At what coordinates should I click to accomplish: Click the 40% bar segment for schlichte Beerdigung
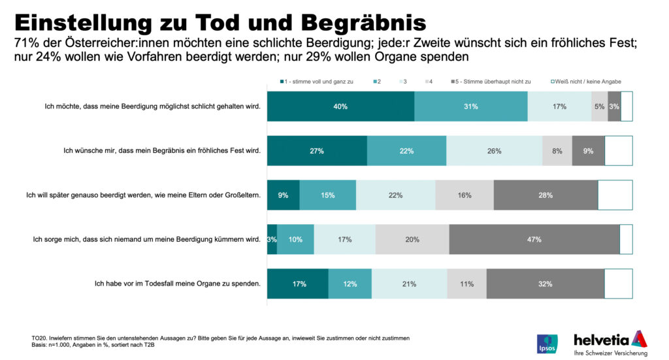tap(340, 106)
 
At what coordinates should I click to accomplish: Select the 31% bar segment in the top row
tap(471, 106)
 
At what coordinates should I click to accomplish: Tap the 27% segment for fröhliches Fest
tap(317, 151)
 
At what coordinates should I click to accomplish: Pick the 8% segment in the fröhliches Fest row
tap(557, 151)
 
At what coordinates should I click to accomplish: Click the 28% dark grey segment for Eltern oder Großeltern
tap(546, 195)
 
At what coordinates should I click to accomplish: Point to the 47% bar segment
tap(534, 239)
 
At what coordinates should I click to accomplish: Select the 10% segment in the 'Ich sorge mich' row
tap(295, 239)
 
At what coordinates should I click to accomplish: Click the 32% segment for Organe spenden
tap(545, 284)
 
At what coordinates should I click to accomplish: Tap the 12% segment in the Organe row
tap(350, 284)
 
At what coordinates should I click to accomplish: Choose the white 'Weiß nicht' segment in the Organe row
tap(618, 284)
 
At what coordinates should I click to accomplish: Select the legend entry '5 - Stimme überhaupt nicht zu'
tap(492, 81)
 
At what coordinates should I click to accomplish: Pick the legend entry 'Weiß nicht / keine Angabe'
tap(585, 81)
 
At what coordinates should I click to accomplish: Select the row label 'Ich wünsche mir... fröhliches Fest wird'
tap(162, 151)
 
